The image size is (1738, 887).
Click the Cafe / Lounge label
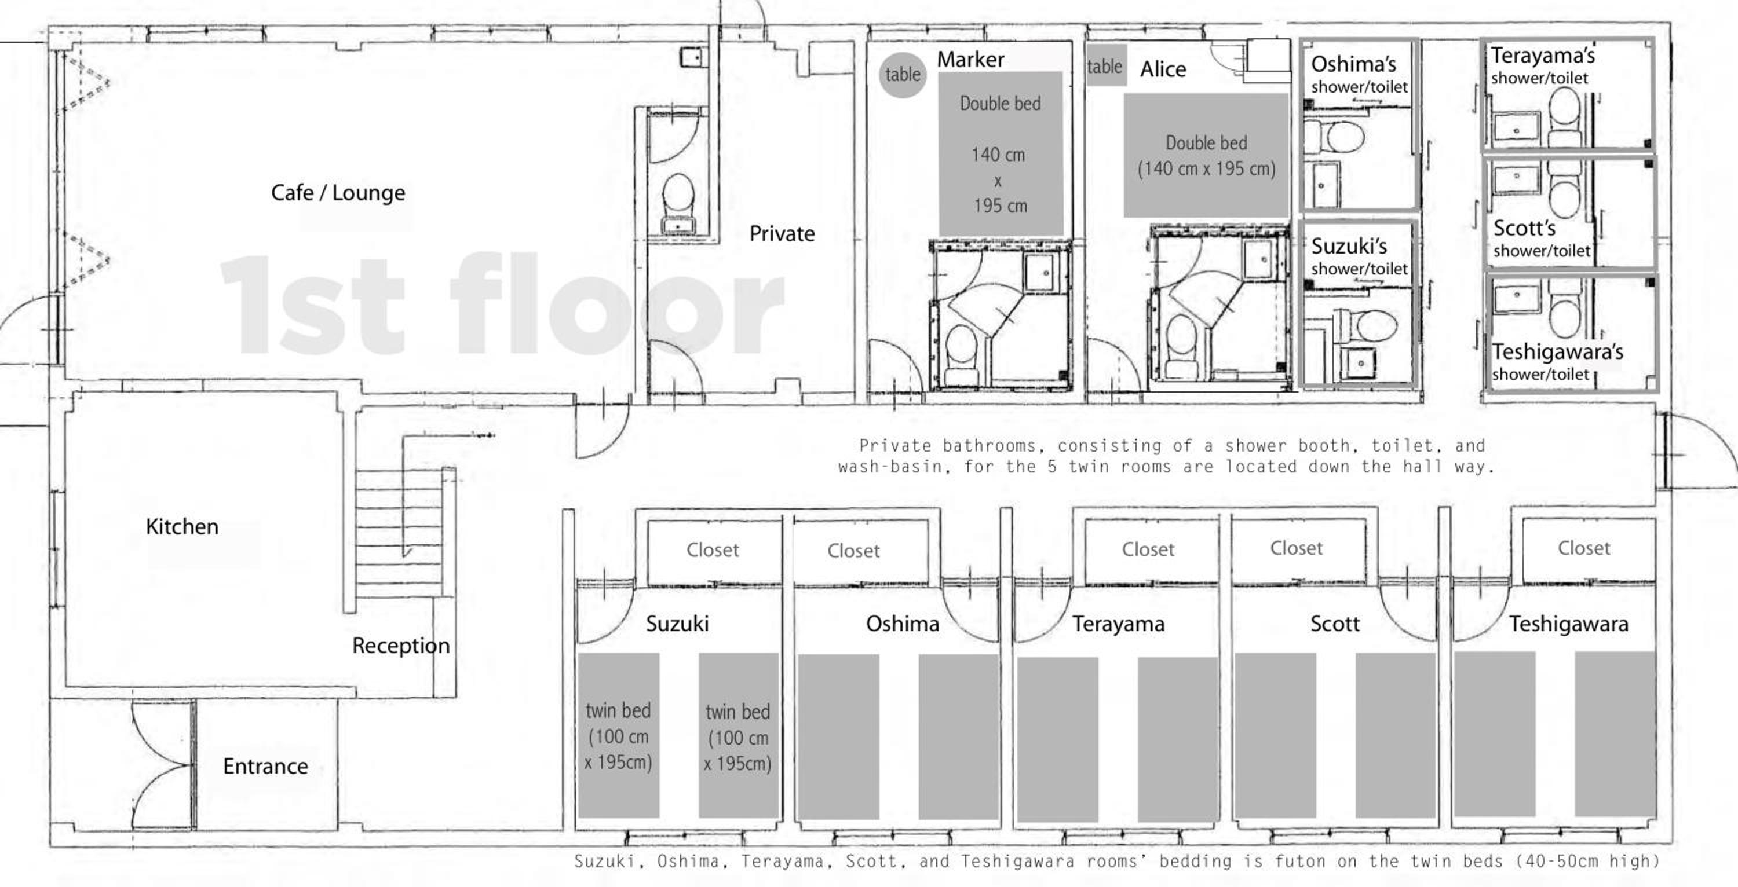(x=338, y=193)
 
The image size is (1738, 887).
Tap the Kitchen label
(x=182, y=526)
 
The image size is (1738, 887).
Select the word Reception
(x=401, y=646)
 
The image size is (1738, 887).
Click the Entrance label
(x=265, y=766)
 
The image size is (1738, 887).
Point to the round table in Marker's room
(x=903, y=74)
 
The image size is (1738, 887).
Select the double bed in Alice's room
(x=1206, y=155)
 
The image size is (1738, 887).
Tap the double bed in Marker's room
(x=1001, y=154)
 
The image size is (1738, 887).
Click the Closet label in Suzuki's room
(x=713, y=549)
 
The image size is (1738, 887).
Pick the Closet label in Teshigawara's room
(x=1583, y=548)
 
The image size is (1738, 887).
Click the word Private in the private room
(x=782, y=233)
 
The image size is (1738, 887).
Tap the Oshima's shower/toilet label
(x=1359, y=74)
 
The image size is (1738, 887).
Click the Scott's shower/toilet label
(x=1542, y=238)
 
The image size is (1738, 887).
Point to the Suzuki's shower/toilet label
(x=1359, y=256)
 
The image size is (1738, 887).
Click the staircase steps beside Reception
(x=399, y=533)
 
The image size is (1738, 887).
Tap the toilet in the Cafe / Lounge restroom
(x=678, y=203)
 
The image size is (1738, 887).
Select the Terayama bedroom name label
(x=1118, y=624)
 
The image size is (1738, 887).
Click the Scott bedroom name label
(x=1335, y=624)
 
